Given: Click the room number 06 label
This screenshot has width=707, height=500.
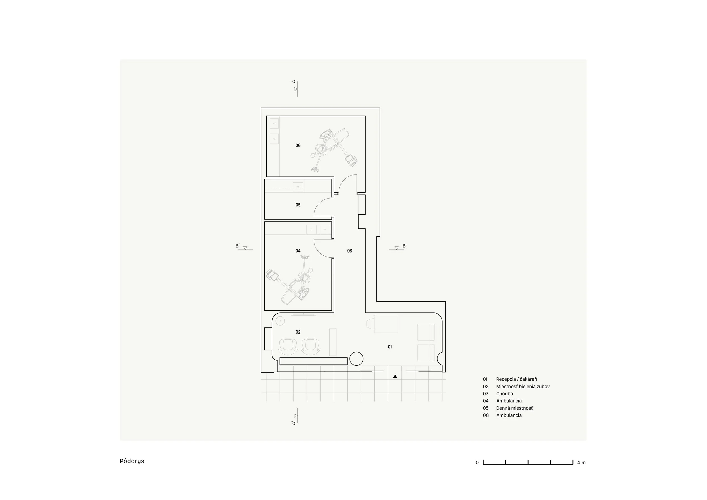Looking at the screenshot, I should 298,145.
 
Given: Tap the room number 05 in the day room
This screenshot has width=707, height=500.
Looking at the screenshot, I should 298,205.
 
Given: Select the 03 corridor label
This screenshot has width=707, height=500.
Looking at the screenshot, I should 350,251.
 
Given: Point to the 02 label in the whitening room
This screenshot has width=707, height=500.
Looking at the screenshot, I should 298,332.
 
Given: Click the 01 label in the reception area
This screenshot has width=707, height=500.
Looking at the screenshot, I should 390,347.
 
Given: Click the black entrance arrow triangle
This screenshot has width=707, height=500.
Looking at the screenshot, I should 395,376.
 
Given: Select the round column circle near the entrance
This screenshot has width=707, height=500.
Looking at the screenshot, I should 357,359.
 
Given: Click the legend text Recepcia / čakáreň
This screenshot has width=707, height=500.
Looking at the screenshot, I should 516,379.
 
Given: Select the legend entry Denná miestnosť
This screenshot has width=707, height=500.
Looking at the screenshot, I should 514,408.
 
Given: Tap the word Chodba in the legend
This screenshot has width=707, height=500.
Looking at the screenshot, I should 505,394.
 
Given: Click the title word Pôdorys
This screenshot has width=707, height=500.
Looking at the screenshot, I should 132,461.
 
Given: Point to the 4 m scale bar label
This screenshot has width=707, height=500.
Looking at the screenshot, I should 581,463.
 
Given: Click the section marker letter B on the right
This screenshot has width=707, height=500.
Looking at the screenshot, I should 404,246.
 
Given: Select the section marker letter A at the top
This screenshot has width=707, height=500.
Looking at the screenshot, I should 294,81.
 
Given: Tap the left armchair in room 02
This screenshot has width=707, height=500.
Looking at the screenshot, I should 288,346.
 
